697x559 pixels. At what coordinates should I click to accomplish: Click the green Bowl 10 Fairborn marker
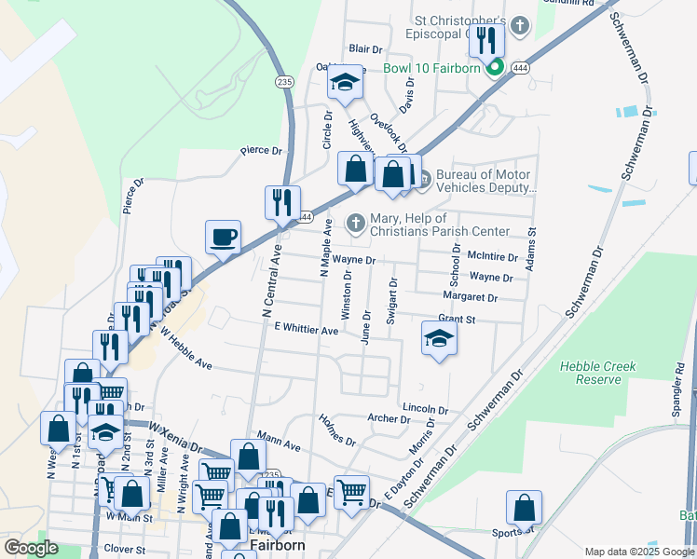tap(496, 67)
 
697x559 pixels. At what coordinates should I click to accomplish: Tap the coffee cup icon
tap(224, 238)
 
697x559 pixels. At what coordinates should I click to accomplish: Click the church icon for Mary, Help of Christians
tap(355, 223)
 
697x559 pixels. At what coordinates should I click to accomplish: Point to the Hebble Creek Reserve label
tap(597, 373)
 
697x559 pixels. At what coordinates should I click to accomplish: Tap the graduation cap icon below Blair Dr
tap(345, 83)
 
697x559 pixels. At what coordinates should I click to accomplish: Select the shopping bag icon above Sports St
tap(525, 509)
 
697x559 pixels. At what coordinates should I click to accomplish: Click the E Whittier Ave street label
tap(306, 330)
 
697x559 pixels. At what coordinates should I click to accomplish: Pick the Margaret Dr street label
tap(471, 298)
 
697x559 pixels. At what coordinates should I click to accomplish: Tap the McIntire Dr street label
tap(493, 255)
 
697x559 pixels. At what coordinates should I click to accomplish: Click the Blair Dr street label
tap(365, 48)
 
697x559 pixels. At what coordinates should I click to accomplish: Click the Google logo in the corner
tap(31, 548)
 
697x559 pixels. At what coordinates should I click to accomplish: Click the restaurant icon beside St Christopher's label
tap(485, 40)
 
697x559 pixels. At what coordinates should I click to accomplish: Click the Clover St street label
tap(126, 549)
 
